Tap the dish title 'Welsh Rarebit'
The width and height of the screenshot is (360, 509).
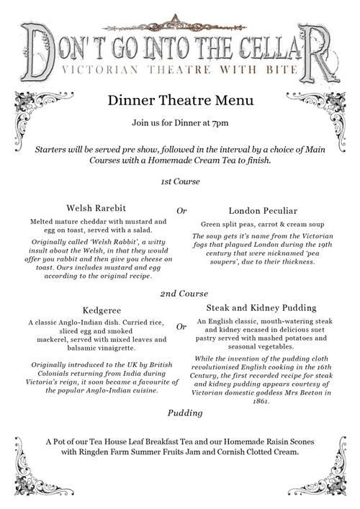96,210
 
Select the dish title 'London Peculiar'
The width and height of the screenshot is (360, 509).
263,211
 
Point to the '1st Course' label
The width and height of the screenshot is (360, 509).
180,181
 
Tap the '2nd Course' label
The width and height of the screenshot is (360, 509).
184,294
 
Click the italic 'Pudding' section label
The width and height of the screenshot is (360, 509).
185,413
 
